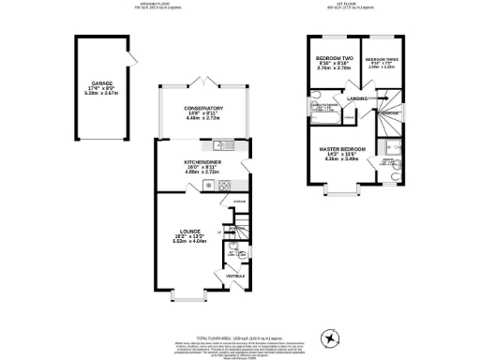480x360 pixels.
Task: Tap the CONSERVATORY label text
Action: (x=203, y=109)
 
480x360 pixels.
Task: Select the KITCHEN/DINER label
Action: (x=203, y=162)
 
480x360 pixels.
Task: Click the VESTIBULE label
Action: (x=235, y=276)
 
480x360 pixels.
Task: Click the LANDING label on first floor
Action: (x=357, y=97)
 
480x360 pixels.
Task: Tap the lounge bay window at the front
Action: (x=187, y=297)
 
